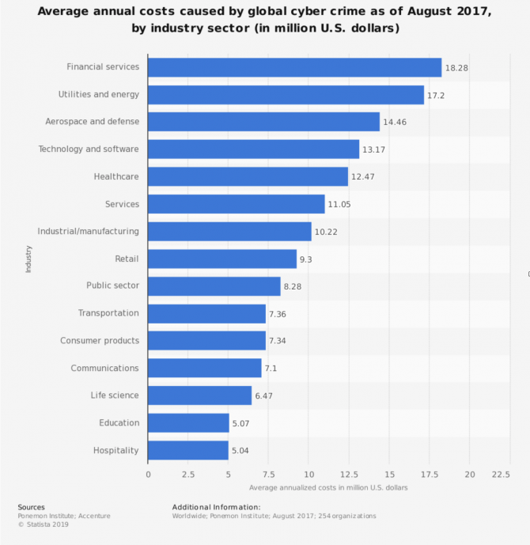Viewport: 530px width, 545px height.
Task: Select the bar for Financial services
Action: pos(295,67)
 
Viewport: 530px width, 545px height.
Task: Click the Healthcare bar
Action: pos(248,176)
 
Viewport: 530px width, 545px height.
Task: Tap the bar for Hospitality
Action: pos(188,450)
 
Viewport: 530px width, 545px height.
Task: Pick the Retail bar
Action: pos(222,259)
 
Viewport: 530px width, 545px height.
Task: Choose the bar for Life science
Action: pos(200,396)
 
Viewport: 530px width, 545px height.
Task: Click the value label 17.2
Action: pos(436,96)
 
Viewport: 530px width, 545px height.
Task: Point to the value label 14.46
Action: pos(395,122)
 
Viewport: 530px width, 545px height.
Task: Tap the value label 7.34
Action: pos(278,341)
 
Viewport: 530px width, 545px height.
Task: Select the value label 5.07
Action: pos(240,423)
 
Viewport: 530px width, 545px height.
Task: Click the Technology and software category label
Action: pos(89,149)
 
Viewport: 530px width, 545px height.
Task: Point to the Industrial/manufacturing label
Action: pos(89,231)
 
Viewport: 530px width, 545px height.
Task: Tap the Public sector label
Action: pos(112,286)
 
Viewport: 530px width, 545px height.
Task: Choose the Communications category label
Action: pos(104,368)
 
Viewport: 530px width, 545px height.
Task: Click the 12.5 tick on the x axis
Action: pos(349,475)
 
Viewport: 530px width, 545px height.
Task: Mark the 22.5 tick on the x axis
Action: pos(501,475)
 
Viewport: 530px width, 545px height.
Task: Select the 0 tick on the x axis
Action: pos(149,475)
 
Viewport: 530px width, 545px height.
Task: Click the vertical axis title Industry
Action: pos(28,259)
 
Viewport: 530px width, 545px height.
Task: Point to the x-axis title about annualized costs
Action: pos(328,487)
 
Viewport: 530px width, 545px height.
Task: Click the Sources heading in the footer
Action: pos(32,507)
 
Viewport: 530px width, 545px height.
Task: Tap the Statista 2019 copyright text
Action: pos(44,524)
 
